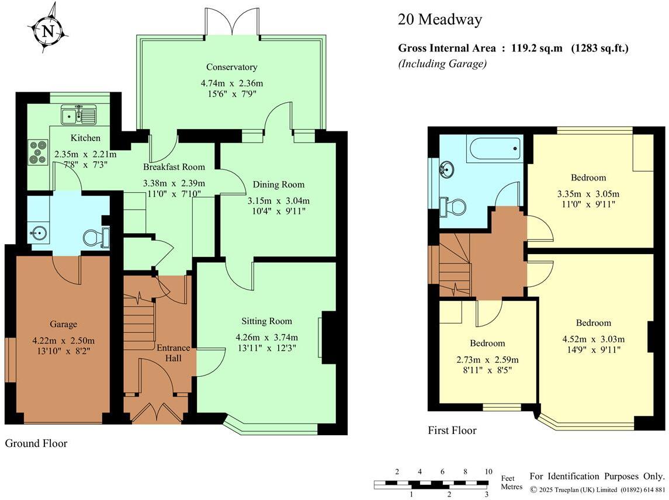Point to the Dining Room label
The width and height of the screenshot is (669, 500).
(x=279, y=185)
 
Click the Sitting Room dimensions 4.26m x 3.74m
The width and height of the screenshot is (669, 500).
(x=266, y=337)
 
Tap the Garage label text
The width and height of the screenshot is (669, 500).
(x=63, y=324)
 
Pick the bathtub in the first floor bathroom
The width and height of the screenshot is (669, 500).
(x=494, y=150)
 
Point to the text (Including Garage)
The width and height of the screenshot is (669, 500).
(x=442, y=64)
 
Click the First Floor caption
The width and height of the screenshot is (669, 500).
(x=452, y=430)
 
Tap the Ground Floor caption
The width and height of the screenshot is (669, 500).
(x=36, y=443)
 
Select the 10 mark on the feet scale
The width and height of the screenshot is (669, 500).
(x=488, y=472)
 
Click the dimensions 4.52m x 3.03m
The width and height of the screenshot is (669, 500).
(x=593, y=339)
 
